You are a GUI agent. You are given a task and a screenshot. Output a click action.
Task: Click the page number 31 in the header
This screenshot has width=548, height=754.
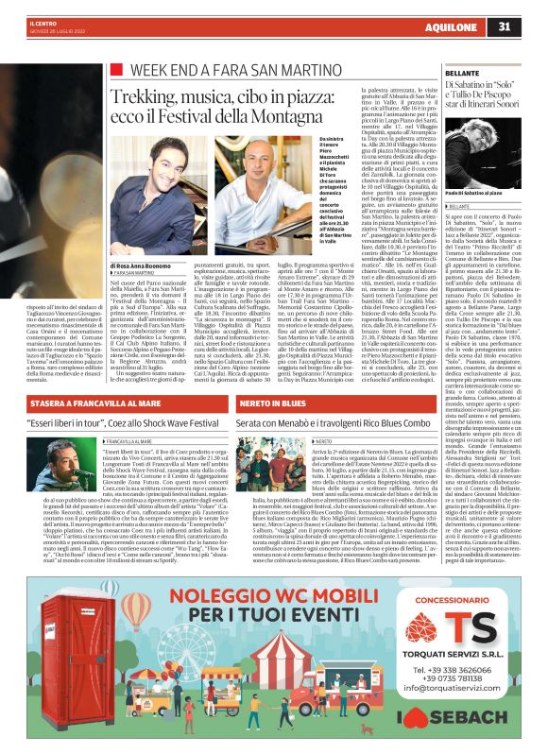point(531,26)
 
